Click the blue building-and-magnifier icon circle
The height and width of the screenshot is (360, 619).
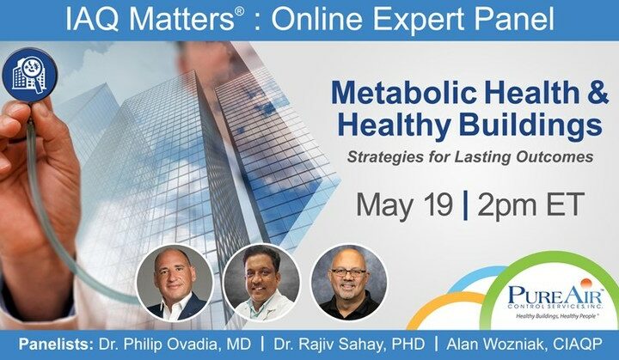coord(29,75)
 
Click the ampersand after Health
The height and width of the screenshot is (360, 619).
coord(598,93)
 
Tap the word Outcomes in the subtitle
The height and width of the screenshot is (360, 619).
coord(555,156)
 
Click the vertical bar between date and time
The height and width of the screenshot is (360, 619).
coord(465,205)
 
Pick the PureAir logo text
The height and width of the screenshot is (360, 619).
coord(555,296)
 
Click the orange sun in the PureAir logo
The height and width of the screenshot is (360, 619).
coord(585,284)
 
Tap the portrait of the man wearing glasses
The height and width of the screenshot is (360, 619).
coord(349,282)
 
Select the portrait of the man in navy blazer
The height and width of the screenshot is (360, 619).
coord(175,282)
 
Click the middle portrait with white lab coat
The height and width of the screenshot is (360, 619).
coord(261,282)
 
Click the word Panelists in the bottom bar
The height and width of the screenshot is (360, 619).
coord(56,345)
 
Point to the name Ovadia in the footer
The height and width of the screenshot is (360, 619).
coord(194,345)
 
